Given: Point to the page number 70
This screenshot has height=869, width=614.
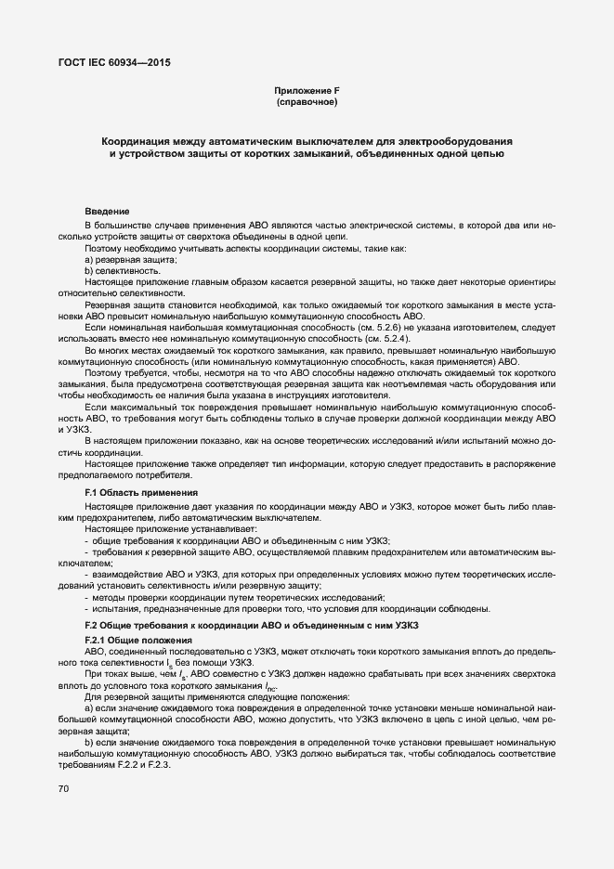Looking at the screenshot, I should point(64,788).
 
